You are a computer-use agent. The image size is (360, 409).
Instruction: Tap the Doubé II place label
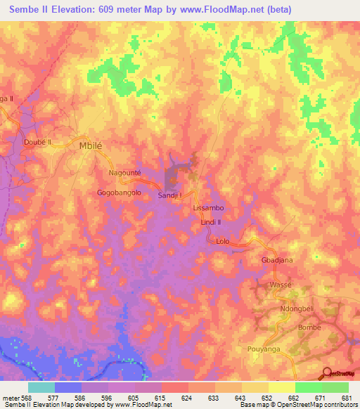click(x=38, y=141)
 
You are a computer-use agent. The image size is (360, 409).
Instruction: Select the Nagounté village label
click(x=125, y=172)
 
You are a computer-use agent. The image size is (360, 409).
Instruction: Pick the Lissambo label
click(x=208, y=209)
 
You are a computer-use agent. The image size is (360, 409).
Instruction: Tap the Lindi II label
click(x=211, y=222)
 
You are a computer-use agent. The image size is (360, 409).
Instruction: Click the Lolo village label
click(x=223, y=241)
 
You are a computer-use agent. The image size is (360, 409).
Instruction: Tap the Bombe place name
click(x=309, y=327)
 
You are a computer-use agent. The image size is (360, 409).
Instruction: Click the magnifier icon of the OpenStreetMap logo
click(x=328, y=372)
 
